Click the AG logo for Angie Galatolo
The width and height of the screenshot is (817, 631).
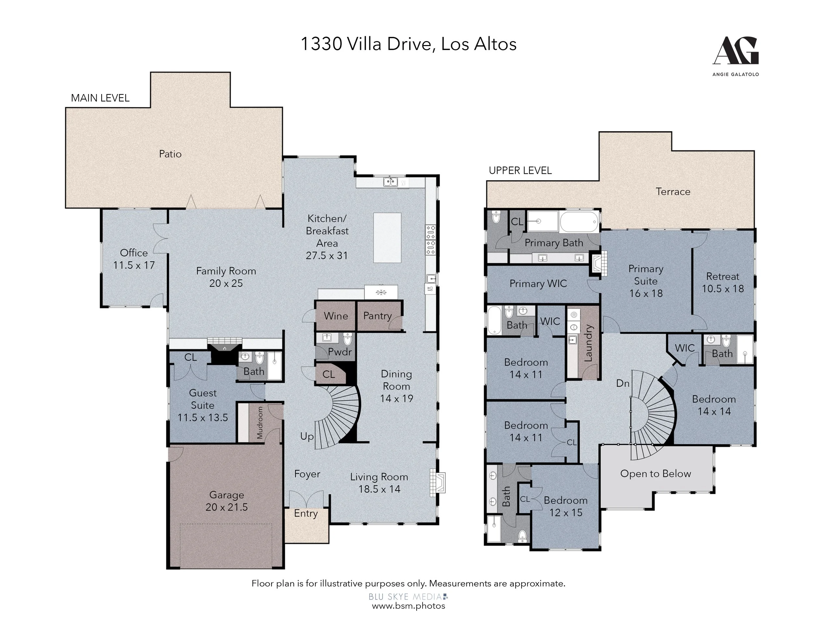point(735,56)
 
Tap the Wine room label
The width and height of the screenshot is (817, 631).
point(336,316)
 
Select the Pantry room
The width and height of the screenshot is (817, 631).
point(379,316)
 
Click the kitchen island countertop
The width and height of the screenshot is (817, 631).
point(387,238)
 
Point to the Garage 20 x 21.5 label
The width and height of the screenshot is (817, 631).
point(227,501)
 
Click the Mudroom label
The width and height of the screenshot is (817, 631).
point(259,422)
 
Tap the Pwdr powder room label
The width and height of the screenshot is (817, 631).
point(340,352)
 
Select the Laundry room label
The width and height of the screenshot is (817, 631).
point(589,343)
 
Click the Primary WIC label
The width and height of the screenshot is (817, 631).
point(538,284)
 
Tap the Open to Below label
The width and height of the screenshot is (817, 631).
point(655,474)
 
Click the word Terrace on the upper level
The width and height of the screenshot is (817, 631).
point(673,191)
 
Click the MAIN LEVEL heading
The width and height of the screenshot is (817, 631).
point(100,98)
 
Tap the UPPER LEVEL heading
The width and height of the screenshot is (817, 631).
point(520,170)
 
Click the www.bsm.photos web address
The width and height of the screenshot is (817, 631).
point(408,606)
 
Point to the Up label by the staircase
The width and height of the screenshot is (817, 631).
point(307,437)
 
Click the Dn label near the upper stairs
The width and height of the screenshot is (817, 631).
point(623,383)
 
